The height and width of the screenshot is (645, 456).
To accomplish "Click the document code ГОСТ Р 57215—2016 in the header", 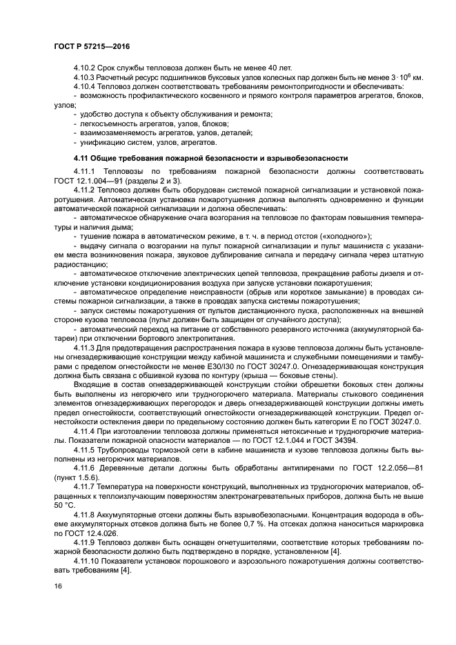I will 92,46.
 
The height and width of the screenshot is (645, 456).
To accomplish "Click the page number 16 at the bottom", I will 58,585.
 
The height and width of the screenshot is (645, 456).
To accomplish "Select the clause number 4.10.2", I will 86,68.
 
